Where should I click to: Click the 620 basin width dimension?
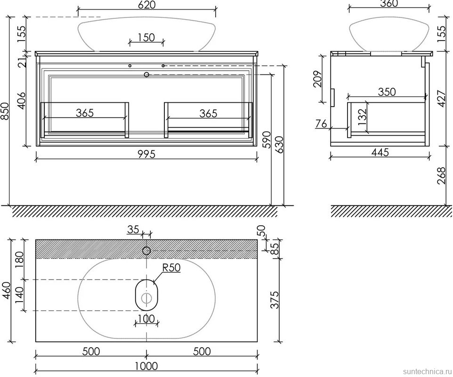(x=147, y=5)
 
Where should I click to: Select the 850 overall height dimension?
(x=5, y=112)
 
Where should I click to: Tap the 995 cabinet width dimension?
(x=146, y=154)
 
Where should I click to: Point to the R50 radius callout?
(x=171, y=268)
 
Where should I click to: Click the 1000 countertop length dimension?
(x=146, y=366)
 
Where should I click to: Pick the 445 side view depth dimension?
(x=380, y=152)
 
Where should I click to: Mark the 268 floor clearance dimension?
(x=442, y=175)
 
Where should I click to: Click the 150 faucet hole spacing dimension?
(x=146, y=37)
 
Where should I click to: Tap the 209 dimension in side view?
(x=317, y=79)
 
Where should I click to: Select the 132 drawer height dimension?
(x=362, y=116)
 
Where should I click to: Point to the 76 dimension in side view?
(x=321, y=124)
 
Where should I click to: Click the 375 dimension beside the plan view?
(x=275, y=300)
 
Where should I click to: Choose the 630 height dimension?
(x=279, y=145)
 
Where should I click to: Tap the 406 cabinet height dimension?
(x=22, y=101)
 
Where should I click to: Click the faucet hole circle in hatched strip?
(x=146, y=251)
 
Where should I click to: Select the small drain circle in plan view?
(x=146, y=298)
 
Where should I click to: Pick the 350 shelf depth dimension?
(x=387, y=91)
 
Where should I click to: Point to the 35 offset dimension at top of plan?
(x=133, y=229)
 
